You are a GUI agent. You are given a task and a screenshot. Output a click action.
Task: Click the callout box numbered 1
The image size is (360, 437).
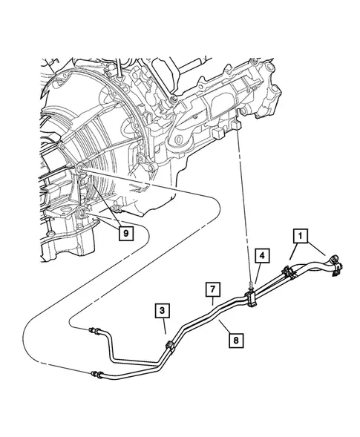pyautogui.click(x=300, y=237)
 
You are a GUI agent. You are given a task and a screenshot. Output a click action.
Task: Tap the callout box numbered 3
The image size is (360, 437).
pyautogui.click(x=163, y=311)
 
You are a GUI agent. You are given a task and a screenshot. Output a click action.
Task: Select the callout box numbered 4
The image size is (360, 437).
pyautogui.click(x=263, y=255)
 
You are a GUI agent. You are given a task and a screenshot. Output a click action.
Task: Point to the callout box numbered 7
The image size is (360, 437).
pyautogui.click(x=213, y=289)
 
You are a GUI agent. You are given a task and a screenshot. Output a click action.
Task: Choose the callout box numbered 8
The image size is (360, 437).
pyautogui.click(x=236, y=341)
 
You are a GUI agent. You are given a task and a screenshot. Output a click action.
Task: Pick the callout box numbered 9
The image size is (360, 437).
pyautogui.click(x=126, y=233)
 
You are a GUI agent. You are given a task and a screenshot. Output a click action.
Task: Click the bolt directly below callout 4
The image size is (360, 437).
pyautogui.click(x=250, y=286)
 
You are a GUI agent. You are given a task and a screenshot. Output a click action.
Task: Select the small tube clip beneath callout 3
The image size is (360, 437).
pyautogui.click(x=170, y=346)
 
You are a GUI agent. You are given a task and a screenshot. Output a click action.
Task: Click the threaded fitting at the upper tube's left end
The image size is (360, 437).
pyautogui.click(x=94, y=331)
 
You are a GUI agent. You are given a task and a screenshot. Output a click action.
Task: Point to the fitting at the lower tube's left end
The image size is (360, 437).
pyautogui.click(x=96, y=374)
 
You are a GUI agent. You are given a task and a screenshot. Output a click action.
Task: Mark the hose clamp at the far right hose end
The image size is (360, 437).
pyautogui.click(x=336, y=266)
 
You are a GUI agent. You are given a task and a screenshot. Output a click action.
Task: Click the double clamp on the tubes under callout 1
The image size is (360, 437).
pyautogui.click(x=289, y=272)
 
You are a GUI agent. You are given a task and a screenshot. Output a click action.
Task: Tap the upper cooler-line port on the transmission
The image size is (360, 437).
pyautogui.click(x=79, y=168)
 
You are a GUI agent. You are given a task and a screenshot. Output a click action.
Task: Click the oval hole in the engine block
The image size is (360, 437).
pyautogui.click(x=177, y=139)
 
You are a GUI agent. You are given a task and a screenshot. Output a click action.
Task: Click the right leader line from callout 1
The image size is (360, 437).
pyautogui.click(x=316, y=249)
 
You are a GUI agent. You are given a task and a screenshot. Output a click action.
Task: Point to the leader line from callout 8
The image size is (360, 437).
pyautogui.click(x=225, y=326)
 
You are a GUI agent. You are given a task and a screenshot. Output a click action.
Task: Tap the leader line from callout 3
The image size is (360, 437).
pyautogui.click(x=165, y=326)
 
